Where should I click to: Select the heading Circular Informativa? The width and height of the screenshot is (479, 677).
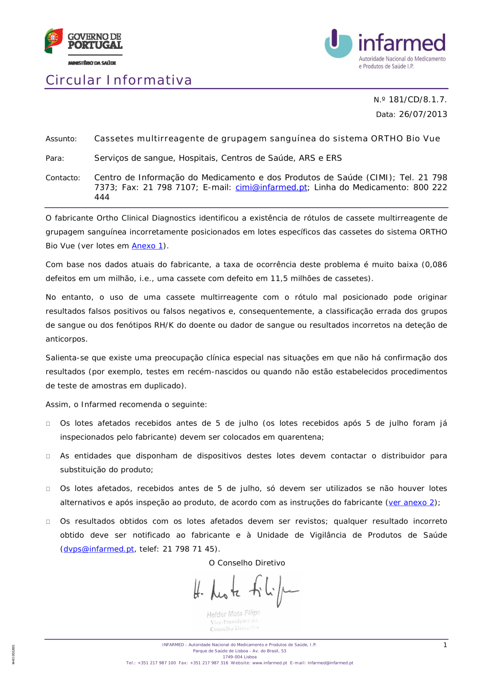119,80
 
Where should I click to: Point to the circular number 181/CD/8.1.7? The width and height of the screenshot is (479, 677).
417,100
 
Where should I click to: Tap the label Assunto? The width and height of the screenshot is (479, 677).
61,139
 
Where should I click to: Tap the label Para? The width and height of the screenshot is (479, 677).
55,158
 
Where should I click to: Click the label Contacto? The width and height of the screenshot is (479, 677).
63,178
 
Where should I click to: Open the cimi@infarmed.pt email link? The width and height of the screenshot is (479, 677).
271,188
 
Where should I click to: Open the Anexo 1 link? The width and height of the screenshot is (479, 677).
147,246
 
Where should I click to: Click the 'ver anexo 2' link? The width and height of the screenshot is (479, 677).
411,502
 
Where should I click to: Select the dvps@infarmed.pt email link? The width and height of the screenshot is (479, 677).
99,549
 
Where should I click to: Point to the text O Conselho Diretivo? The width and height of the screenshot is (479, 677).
247,563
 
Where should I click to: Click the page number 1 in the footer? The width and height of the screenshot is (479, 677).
445,645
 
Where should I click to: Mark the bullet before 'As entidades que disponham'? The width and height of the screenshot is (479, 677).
48,456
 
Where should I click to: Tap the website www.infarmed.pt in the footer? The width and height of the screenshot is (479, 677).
270,663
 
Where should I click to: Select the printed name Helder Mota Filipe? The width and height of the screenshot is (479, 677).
233,614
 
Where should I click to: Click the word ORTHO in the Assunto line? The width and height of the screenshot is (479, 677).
387,139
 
